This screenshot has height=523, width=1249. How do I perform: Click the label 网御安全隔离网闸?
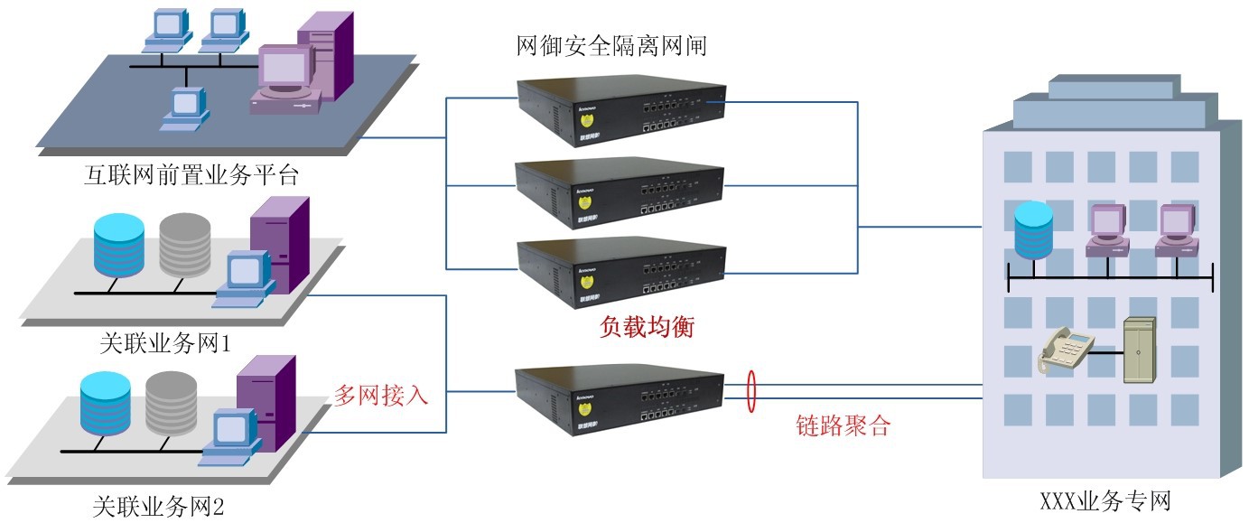point(611,45)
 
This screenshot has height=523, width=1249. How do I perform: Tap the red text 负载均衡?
point(647,326)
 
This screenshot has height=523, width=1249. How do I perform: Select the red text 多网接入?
point(381,395)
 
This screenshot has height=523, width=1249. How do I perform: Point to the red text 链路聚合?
point(844,425)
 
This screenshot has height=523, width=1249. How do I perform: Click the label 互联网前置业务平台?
point(191,173)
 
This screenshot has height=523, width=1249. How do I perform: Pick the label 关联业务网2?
point(159,506)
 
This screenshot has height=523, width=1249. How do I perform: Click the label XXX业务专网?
point(1105,500)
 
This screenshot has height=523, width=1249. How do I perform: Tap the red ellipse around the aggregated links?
point(750,391)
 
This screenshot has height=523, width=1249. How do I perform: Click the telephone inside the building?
point(1066,353)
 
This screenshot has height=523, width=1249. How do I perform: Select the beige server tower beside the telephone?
point(1137,352)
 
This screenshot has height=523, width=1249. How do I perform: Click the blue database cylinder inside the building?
point(1034,230)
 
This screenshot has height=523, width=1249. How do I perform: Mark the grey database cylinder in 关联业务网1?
point(184,245)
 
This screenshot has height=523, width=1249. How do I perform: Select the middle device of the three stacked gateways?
point(620,191)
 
